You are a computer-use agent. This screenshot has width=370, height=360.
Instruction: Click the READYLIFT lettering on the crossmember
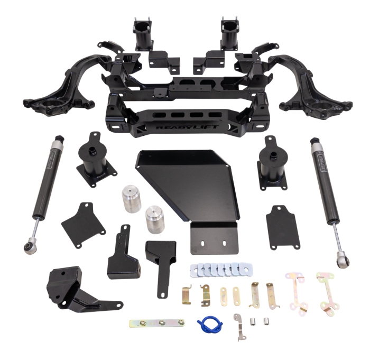[184, 126]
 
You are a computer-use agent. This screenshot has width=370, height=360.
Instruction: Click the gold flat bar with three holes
[157, 322]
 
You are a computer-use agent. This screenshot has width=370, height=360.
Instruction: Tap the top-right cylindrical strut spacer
[229, 35]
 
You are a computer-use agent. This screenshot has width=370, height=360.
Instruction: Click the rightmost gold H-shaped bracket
[326, 292]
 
